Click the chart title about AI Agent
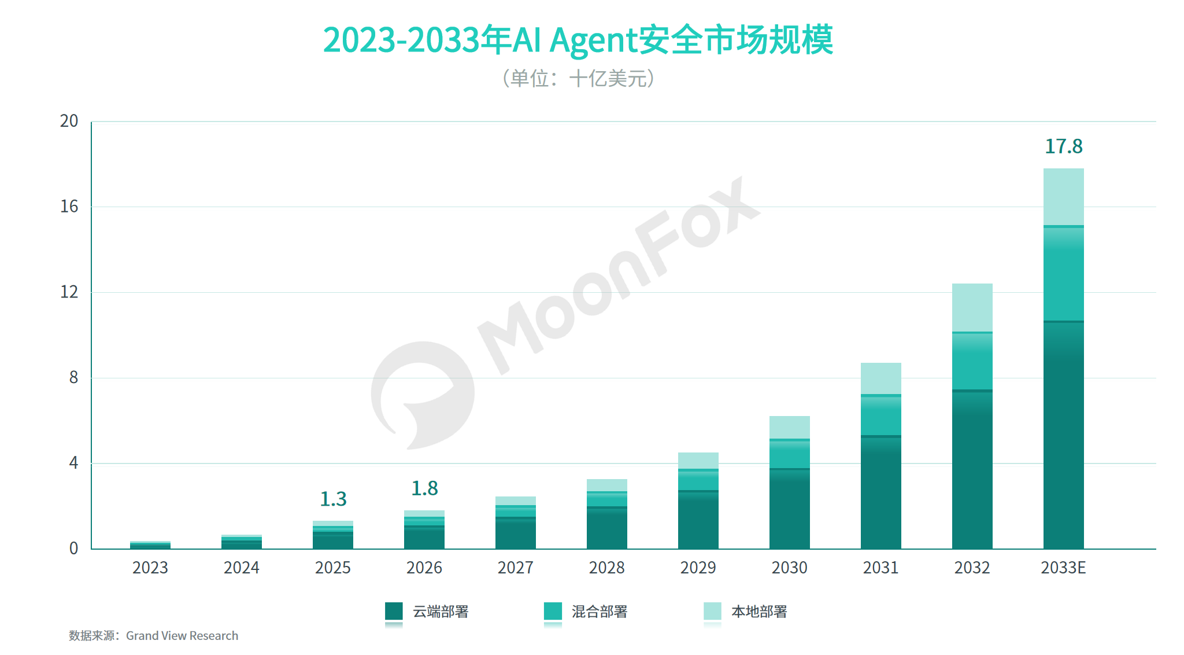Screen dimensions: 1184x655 pyautogui.click(x=578, y=40)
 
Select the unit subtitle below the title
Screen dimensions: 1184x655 pyautogui.click(x=578, y=78)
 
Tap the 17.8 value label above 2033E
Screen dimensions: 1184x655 pyautogui.click(x=1064, y=146)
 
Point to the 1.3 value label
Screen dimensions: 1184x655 pyautogui.click(x=333, y=499)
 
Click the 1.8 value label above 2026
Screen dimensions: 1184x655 pyautogui.click(x=424, y=488)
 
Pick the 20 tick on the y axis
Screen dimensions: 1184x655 pyautogui.click(x=69, y=121)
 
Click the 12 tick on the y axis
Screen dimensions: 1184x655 pyautogui.click(x=69, y=292)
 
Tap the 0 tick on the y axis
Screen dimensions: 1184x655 pyautogui.click(x=73, y=548)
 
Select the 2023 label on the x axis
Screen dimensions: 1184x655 pyautogui.click(x=150, y=568)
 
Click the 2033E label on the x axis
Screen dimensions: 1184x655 pyautogui.click(x=1064, y=568)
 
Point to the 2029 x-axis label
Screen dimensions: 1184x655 pyautogui.click(x=698, y=568)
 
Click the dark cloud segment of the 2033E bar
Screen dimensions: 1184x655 pyautogui.click(x=1064, y=435)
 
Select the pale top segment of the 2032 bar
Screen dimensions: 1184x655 pyautogui.click(x=972, y=307)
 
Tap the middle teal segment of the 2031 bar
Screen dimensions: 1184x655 pyautogui.click(x=881, y=415)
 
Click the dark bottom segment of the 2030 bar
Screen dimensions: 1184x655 pyautogui.click(x=790, y=509)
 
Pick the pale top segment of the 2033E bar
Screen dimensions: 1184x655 pyautogui.click(x=1064, y=197)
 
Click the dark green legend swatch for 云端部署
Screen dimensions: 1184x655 pyautogui.click(x=394, y=612)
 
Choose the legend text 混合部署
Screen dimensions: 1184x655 pyautogui.click(x=600, y=612)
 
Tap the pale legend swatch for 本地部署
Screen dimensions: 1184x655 pyautogui.click(x=712, y=612)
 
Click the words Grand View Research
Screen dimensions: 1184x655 pyautogui.click(x=182, y=635)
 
